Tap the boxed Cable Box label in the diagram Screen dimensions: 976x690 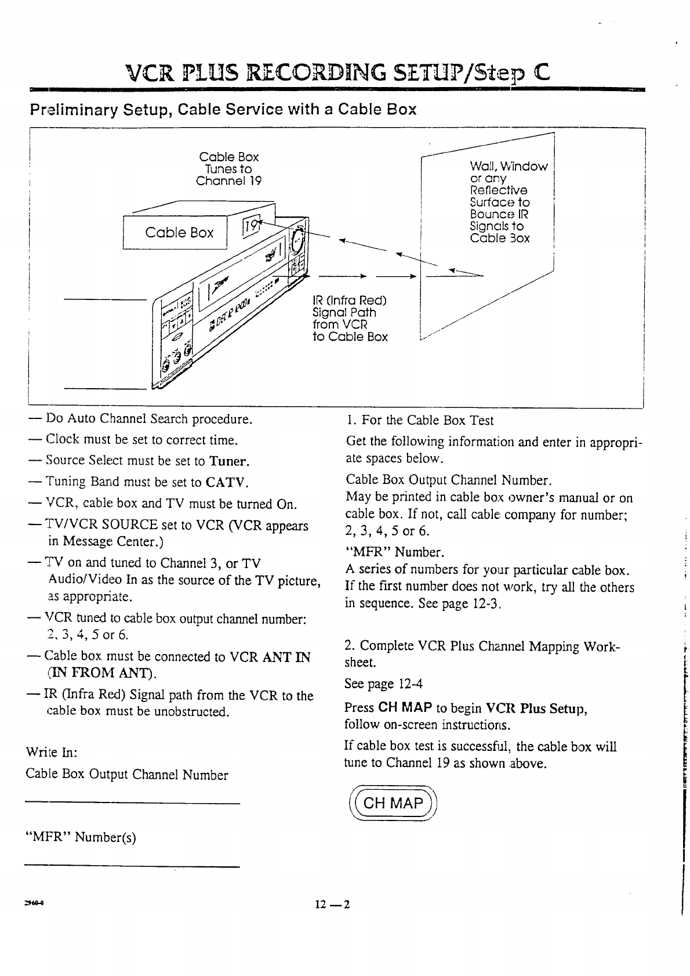pos(179,233)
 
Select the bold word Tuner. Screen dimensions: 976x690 pos(230,462)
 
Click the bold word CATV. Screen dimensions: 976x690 pos(227,482)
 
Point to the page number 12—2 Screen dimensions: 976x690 pos(333,905)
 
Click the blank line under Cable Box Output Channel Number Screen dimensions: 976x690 pos(132,803)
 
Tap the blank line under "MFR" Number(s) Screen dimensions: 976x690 pos(132,867)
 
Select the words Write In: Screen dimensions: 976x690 pos(52,753)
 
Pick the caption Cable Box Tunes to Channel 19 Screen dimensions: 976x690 pos(228,169)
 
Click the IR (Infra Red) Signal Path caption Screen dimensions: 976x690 pos(350,319)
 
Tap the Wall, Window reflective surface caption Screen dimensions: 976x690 pos(507,202)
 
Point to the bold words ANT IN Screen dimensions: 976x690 pos(286,657)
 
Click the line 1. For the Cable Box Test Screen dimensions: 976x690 pos(420,420)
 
